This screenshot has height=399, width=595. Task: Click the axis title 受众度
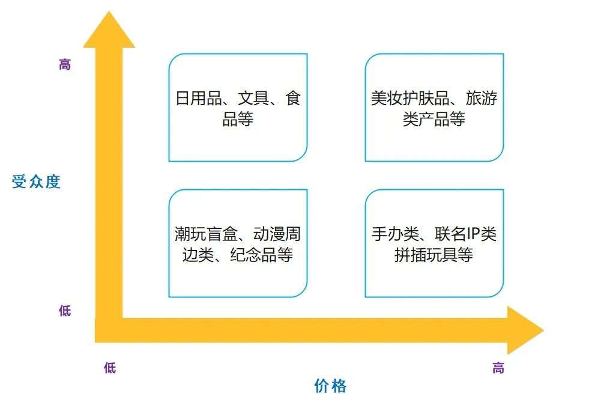pyautogui.click(x=36, y=182)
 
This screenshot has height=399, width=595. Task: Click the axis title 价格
pyautogui.click(x=330, y=386)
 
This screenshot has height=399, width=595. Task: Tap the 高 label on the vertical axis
pyautogui.click(x=65, y=64)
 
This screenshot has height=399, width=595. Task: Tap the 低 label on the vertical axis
pyautogui.click(x=65, y=311)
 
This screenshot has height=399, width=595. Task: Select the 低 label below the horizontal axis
pyautogui.click(x=110, y=368)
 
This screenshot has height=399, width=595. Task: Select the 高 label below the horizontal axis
pyautogui.click(x=498, y=368)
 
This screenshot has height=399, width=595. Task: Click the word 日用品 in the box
pyautogui.click(x=199, y=99)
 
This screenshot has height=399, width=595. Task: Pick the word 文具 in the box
pyautogui.click(x=253, y=99)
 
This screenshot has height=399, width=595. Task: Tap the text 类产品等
pyautogui.click(x=434, y=119)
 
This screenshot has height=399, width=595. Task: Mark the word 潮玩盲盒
pyautogui.click(x=206, y=234)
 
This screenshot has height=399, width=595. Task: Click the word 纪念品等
pyautogui.click(x=261, y=255)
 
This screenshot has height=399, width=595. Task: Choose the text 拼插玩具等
pyautogui.click(x=434, y=255)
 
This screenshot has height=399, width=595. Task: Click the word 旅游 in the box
pyautogui.click(x=482, y=99)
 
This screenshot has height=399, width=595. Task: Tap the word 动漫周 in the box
pyautogui.click(x=277, y=234)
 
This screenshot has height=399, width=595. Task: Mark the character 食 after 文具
pyautogui.click(x=293, y=99)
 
